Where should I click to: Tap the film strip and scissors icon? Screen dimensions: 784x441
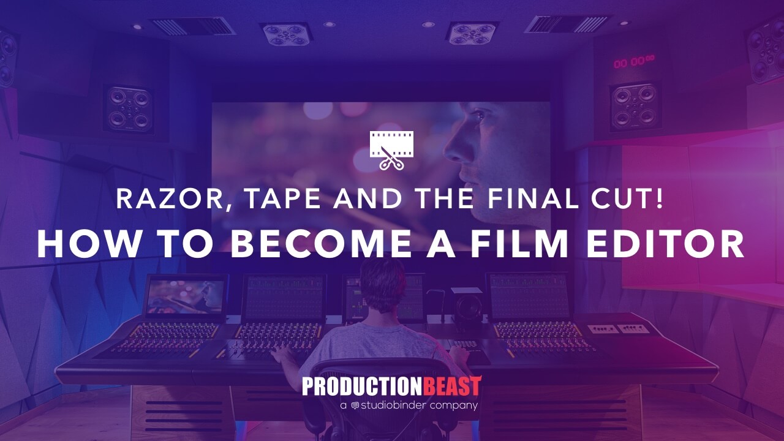[x=391, y=151]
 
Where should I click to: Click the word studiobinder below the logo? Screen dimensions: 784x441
[x=393, y=405]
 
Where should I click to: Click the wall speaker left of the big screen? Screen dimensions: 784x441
[x=129, y=109]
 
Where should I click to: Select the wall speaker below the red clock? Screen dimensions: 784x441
[x=634, y=107]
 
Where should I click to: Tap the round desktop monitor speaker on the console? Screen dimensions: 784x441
[x=467, y=308]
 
